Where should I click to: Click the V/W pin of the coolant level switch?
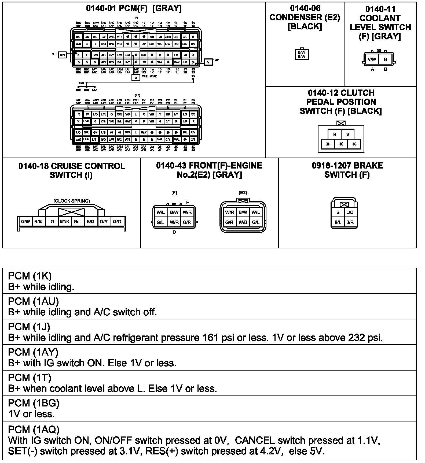pyautogui.click(x=372, y=59)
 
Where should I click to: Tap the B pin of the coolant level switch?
pyautogui.click(x=386, y=59)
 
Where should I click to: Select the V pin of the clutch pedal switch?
pyautogui.click(x=348, y=134)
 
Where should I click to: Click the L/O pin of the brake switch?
pyautogui.click(x=350, y=212)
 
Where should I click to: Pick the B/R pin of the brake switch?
pyautogui.click(x=350, y=222)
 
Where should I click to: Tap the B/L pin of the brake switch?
pyautogui.click(x=338, y=222)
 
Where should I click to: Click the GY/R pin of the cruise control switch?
pyautogui.click(x=65, y=222)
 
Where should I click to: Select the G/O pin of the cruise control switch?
pyautogui.click(x=117, y=222)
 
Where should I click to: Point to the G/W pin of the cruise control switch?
pyautogui.click(x=25, y=222)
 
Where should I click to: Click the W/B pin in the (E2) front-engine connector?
pyautogui.click(x=243, y=222)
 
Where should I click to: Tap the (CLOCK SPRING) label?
pyautogui.click(x=72, y=201)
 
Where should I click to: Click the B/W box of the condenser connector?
pyautogui.click(x=302, y=54)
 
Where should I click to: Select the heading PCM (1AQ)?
pyautogui.click(x=34, y=430)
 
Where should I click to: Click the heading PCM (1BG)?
pyautogui.click(x=34, y=403)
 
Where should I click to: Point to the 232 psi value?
pyautogui.click(x=365, y=338)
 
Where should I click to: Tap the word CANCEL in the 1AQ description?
pyautogui.click(x=254, y=440)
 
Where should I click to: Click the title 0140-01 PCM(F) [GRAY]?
pyautogui.click(x=134, y=8)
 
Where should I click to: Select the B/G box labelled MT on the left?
pyautogui.click(x=62, y=55)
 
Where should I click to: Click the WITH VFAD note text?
pyautogui.click(x=149, y=76)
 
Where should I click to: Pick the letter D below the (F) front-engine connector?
pyautogui.click(x=174, y=232)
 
